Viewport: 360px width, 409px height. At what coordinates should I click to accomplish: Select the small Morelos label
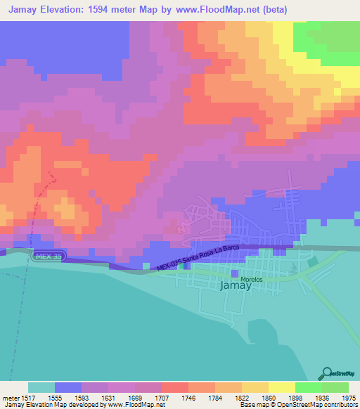coord(251,279)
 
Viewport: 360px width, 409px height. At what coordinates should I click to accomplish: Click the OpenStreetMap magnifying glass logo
coord(326,373)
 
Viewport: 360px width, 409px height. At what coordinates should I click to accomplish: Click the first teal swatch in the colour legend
coord(41,387)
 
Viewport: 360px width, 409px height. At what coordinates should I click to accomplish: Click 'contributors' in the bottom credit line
coord(340,405)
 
